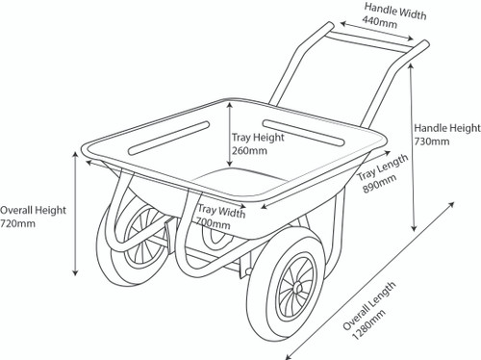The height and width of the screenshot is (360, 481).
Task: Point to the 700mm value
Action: pyautogui.click(x=214, y=223)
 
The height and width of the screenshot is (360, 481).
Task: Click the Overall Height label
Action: pyautogui.click(x=33, y=208)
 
